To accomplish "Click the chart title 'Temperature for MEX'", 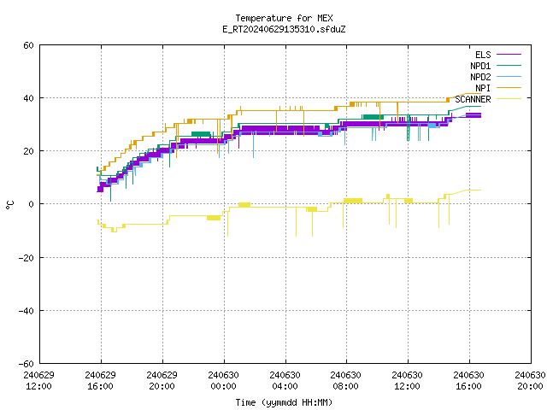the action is [284, 18].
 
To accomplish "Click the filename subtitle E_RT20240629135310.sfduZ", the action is [284, 29].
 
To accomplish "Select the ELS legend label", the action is [483, 55].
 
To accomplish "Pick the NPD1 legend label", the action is [480, 66].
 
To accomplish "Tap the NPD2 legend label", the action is [480, 77].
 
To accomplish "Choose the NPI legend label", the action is [483, 88].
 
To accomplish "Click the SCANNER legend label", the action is [473, 99].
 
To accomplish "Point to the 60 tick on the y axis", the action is [28, 45].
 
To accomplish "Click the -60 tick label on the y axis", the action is [26, 364].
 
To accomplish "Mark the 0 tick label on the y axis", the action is [32, 204].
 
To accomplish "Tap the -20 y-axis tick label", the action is [26, 258].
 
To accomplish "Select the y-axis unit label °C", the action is [9, 205].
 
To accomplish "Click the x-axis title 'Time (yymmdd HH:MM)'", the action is [284, 402].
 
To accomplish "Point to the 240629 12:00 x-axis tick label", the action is [38, 381].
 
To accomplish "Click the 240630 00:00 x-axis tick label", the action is [223, 381].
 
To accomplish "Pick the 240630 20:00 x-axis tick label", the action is [530, 381].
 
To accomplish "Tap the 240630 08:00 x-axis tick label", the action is [345, 381].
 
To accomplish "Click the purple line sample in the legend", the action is [509, 55].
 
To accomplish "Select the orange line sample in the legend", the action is [509, 88].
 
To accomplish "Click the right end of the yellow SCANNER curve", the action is [480, 190].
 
